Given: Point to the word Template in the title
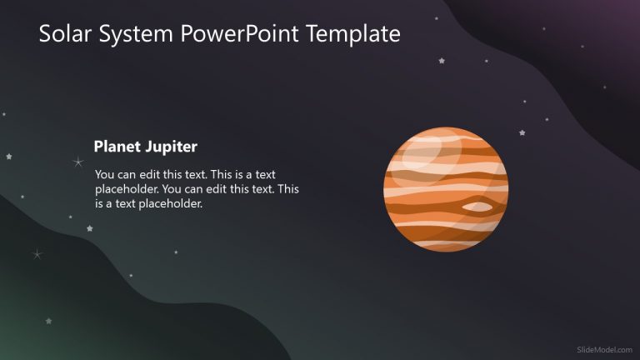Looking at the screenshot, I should (353, 34).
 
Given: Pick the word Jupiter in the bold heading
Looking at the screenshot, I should (170, 147).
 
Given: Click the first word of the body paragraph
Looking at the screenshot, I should (106, 175).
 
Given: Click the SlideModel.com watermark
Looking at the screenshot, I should (604, 351).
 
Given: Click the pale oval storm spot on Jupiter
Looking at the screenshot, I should (476, 206).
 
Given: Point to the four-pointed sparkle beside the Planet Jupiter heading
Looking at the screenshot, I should (78, 162).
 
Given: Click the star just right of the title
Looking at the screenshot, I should (441, 60).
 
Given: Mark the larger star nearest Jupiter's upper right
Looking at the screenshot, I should (522, 132).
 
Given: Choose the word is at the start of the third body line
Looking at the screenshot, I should (100, 203).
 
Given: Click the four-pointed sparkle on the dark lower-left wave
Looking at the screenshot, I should (37, 254).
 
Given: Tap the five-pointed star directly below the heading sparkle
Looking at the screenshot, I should (89, 227).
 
